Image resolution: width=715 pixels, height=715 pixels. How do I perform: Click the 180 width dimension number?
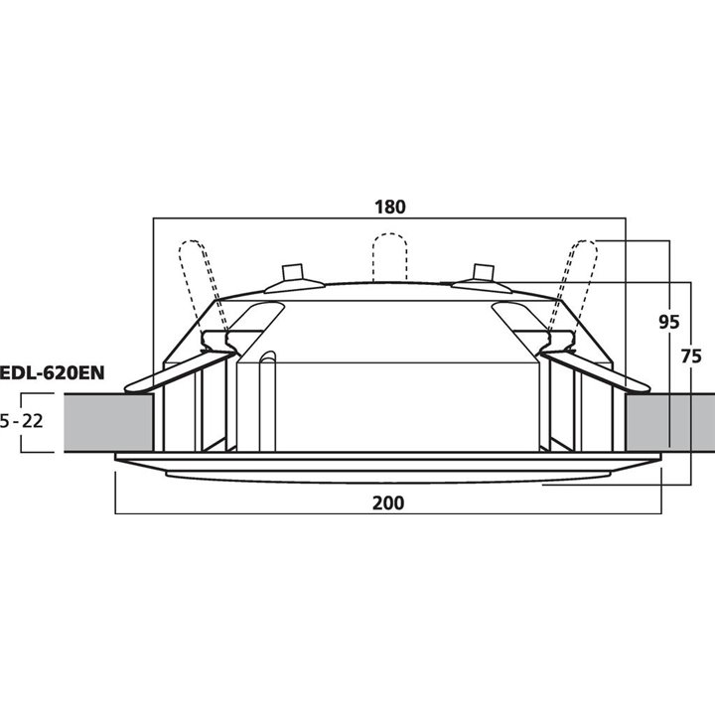[390, 207]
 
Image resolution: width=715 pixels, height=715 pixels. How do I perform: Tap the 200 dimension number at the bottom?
[388, 502]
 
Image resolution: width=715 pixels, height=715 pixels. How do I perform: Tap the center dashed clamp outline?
[389, 256]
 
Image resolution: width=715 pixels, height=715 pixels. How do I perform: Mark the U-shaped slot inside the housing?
[264, 397]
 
